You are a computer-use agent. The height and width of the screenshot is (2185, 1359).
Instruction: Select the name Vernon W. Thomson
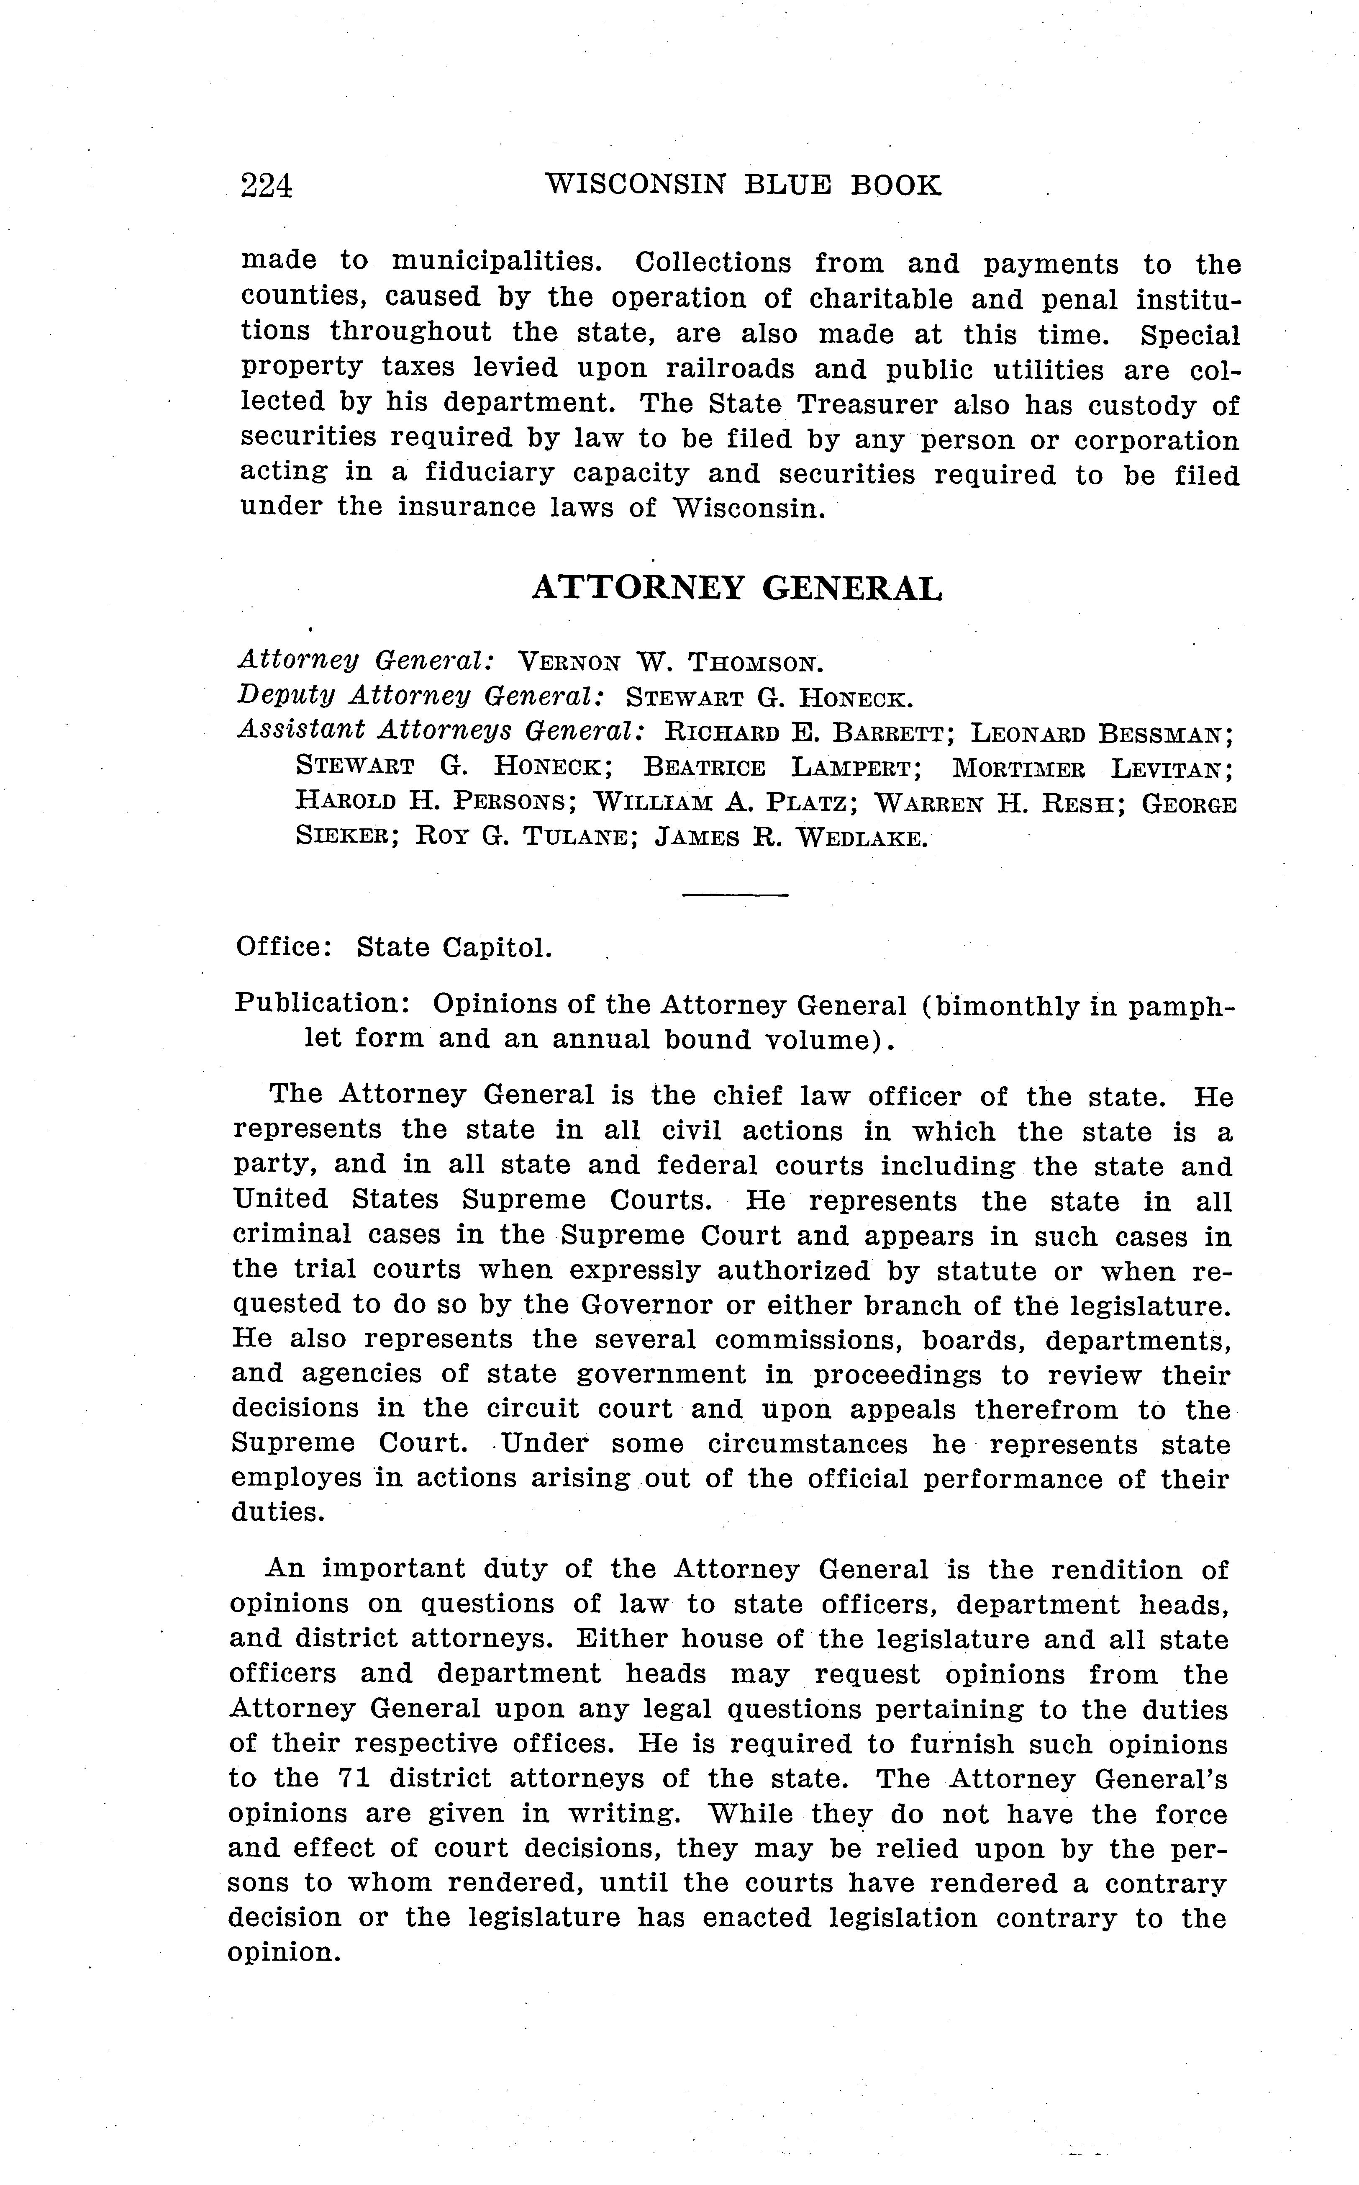point(671,663)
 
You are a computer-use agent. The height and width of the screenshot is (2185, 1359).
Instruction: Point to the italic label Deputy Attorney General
point(419,697)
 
